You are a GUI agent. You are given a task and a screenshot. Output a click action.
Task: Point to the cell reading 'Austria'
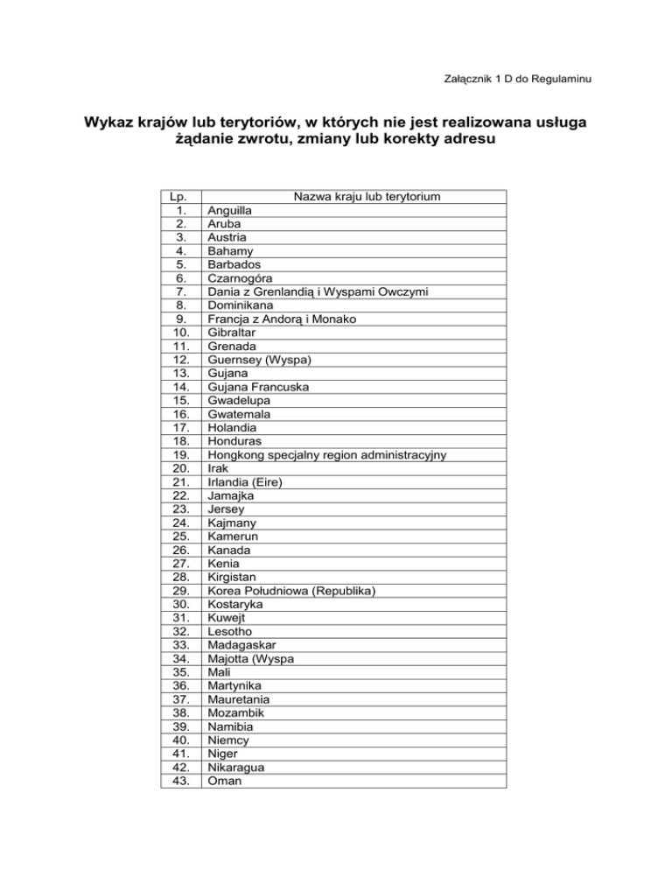point(227,237)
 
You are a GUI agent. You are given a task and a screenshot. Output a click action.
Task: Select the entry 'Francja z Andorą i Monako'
point(281,319)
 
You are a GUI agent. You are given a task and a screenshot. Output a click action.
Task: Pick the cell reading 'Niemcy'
point(227,740)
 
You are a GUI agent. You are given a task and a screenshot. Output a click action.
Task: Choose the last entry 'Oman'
point(224,782)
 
